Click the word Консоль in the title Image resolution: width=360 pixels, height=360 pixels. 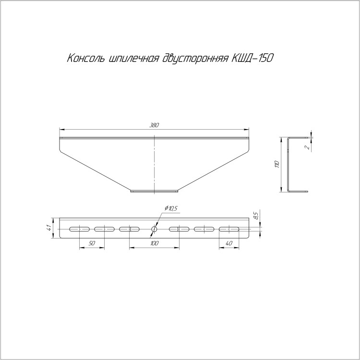click(x=86, y=58)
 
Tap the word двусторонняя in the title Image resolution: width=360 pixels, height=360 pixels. click(x=195, y=59)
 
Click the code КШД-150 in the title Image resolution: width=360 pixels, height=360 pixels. click(x=252, y=58)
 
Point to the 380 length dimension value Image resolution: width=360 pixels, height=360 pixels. click(x=154, y=125)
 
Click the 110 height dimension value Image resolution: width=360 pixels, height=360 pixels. click(x=277, y=164)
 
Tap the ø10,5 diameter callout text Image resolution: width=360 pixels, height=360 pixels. click(x=171, y=208)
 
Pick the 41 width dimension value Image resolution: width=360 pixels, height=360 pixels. click(x=48, y=228)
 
